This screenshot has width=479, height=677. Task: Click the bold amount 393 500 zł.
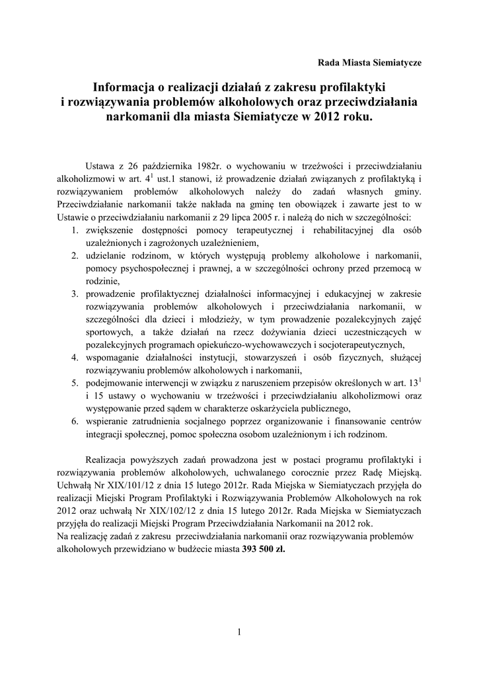pos(264,549)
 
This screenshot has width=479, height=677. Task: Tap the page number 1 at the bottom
pos(239,632)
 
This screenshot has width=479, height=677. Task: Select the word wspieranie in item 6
pos(108,422)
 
